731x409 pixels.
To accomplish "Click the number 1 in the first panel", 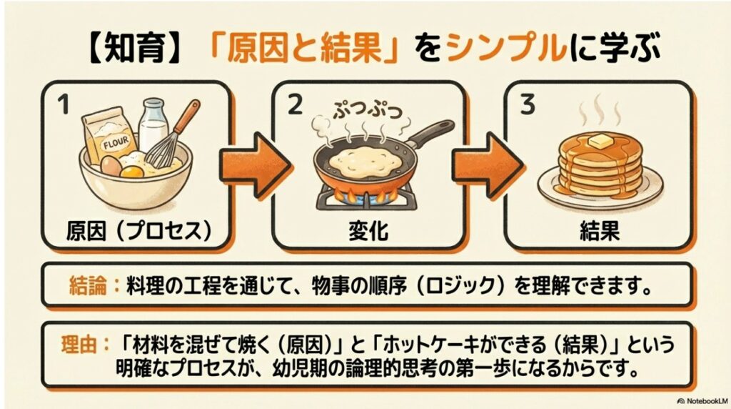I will pyautogui.click(x=62, y=107).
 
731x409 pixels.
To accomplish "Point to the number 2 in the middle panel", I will pyautogui.click(x=293, y=107).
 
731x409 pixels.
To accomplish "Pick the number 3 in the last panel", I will pyautogui.click(x=528, y=107).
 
